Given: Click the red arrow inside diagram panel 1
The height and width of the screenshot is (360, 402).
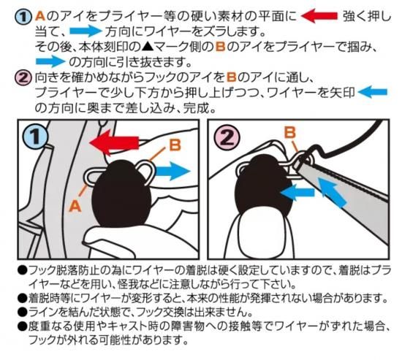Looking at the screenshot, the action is point(114,142).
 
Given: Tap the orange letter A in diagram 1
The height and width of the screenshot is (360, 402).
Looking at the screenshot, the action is point(75,206).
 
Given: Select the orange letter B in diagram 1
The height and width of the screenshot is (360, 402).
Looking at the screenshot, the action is point(175,145).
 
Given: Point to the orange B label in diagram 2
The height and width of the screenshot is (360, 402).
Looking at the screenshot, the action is point(290,133).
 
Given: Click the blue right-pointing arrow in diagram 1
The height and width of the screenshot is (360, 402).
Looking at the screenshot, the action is point(173,171).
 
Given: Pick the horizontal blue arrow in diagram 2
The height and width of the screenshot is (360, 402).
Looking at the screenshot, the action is point(297,193).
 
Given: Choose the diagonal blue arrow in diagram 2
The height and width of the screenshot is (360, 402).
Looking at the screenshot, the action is point(333,193).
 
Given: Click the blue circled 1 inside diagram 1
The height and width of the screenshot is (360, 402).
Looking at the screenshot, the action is point(35,137).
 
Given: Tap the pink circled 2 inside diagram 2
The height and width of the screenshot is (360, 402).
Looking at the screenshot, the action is point(227,137).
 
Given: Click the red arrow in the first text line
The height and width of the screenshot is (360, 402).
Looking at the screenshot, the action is point(319,15).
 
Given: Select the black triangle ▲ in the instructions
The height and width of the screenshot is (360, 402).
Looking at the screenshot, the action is point(147,47).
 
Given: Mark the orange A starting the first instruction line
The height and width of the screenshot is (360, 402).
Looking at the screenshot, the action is point(40,16).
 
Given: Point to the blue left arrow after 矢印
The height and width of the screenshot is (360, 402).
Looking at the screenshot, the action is point(373,92).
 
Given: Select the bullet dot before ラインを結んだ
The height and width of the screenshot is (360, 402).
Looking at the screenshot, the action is point(23,312).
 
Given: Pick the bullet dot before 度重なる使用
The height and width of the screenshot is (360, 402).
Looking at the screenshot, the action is point(23,326).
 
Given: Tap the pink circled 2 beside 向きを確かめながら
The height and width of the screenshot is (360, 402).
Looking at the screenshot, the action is point(23,77).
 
